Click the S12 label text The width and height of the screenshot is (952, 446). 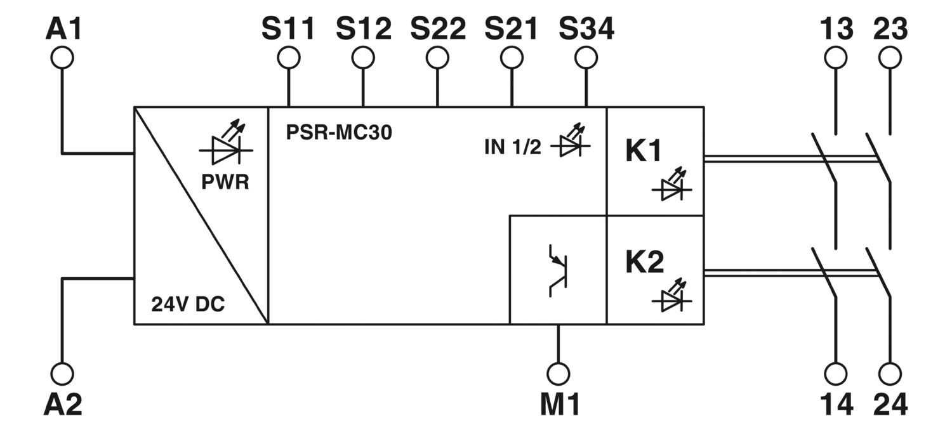click(x=364, y=29)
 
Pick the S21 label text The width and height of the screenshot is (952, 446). click(x=512, y=29)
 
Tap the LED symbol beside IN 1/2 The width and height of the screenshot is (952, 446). click(x=571, y=141)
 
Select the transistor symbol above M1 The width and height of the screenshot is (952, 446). click(x=557, y=270)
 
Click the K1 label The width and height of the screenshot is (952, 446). click(x=644, y=150)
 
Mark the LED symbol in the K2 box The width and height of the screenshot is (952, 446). click(x=672, y=296)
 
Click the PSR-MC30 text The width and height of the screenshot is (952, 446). click(x=339, y=132)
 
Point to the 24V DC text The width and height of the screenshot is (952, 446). click(x=188, y=304)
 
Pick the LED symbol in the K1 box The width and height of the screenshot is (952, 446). click(x=672, y=185)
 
